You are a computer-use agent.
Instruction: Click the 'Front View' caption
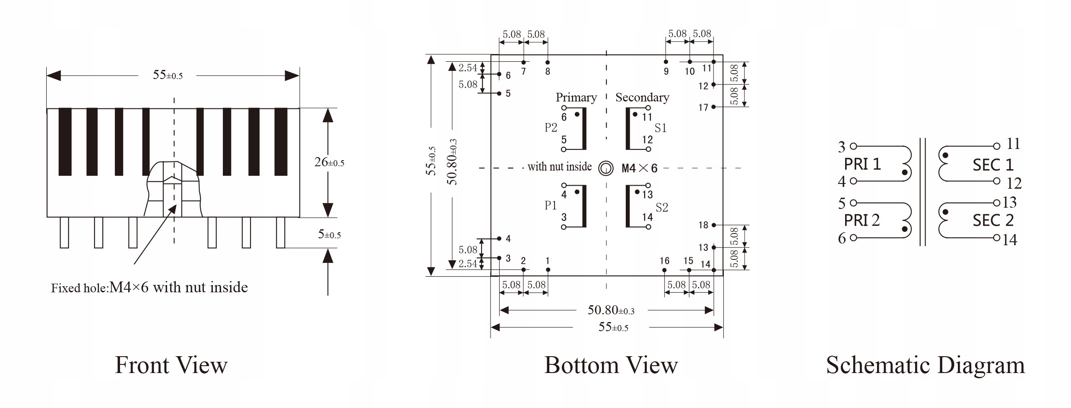[x=171, y=365]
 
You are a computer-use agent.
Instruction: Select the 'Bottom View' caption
[x=611, y=365]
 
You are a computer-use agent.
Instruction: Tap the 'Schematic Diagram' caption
[x=925, y=365]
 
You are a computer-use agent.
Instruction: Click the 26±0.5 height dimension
[x=329, y=163]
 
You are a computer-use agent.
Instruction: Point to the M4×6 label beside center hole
[x=639, y=168]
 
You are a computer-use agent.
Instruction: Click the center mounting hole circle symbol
[x=606, y=168]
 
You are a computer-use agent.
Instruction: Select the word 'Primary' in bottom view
[x=576, y=98]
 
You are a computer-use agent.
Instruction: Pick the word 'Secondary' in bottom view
[x=642, y=98]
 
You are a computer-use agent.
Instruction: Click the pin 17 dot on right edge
[x=714, y=107]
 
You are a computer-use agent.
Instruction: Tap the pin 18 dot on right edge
[x=714, y=225]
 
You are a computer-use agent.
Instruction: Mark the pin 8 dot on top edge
[x=548, y=62]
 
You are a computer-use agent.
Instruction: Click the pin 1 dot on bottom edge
[x=548, y=270]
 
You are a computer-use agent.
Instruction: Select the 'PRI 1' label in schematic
[x=862, y=164]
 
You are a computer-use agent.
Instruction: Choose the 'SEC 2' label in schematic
[x=993, y=220]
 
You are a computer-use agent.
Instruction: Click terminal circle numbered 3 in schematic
[x=853, y=147]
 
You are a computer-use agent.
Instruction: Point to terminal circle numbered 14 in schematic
[x=996, y=238]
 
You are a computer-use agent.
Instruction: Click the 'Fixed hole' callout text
[x=149, y=288]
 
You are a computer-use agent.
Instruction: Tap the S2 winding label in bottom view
[x=662, y=208]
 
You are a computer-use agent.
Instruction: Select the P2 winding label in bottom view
[x=551, y=128]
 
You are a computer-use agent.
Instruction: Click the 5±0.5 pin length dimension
[x=329, y=234]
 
